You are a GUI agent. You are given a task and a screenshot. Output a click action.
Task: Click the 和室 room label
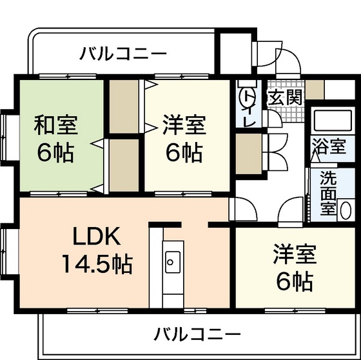click(56, 123)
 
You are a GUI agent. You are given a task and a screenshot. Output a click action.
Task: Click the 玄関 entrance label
click(284, 99)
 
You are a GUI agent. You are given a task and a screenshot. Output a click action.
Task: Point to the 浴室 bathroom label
click(329, 146)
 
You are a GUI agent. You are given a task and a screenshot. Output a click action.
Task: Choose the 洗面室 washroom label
click(328, 192)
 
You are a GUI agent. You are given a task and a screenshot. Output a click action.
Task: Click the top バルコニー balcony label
click(123, 54)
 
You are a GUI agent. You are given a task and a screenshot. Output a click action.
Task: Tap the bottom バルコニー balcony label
click(197, 334)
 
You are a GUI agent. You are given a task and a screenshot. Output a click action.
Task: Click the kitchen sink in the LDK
click(172, 261)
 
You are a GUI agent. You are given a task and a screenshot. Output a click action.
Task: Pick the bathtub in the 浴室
click(329, 121)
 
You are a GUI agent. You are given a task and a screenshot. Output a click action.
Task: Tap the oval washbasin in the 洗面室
click(346, 210)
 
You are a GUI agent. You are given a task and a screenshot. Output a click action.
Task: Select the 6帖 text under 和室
click(55, 154)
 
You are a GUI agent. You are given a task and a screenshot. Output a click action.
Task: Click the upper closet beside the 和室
click(119, 106)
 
